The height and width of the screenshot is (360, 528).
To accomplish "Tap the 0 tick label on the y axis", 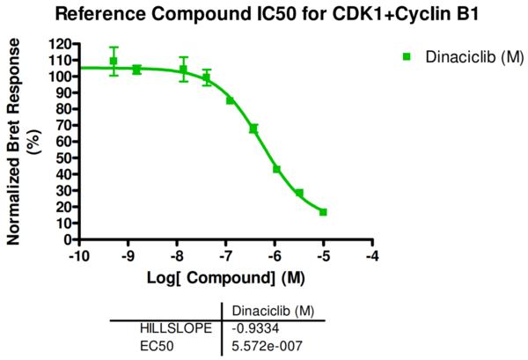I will coord(67,239).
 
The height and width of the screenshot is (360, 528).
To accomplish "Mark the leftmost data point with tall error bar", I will coord(114,62).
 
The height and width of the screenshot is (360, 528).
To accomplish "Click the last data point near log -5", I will coord(323,212).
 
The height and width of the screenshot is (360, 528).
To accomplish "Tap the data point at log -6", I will coord(276,169).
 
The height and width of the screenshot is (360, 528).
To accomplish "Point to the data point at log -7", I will coord(231,100).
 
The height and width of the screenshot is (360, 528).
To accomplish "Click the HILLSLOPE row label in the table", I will coord(176,328).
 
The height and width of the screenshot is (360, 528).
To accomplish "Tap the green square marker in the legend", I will coord(407,57).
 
